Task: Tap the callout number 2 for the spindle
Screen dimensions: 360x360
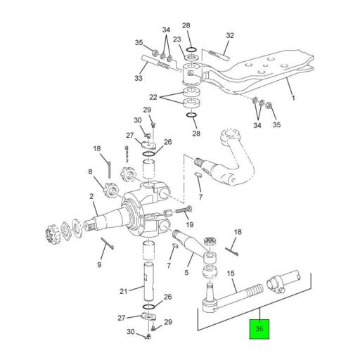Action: point(91,198)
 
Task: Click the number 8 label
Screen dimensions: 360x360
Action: point(90,172)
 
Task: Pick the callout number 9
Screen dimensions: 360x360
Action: point(99,264)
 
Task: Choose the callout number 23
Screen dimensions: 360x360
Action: point(177,41)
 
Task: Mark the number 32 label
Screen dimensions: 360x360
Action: point(229,36)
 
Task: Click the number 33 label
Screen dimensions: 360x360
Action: point(138,79)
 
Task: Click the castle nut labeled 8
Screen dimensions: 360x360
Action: point(110,188)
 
